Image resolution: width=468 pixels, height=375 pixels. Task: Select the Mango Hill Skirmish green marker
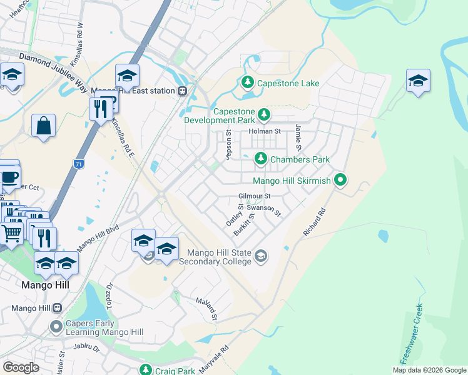coord(340,181)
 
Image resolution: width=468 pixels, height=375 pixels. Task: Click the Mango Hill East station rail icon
coord(182,91)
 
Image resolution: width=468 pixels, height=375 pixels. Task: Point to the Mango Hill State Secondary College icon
coord(261,255)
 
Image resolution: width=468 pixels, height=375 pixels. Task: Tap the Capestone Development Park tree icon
coord(264,114)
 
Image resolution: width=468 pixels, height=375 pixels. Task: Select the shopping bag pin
coord(43,125)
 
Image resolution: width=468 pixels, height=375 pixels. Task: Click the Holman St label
coord(265,131)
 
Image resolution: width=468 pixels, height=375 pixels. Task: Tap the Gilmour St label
coord(254,196)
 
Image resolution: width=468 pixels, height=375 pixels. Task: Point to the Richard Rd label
coord(314,222)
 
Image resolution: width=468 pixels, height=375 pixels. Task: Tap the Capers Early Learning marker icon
coord(56,326)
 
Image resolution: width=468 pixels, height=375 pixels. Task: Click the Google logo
coord(21,367)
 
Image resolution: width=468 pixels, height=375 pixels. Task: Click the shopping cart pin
coord(12,234)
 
